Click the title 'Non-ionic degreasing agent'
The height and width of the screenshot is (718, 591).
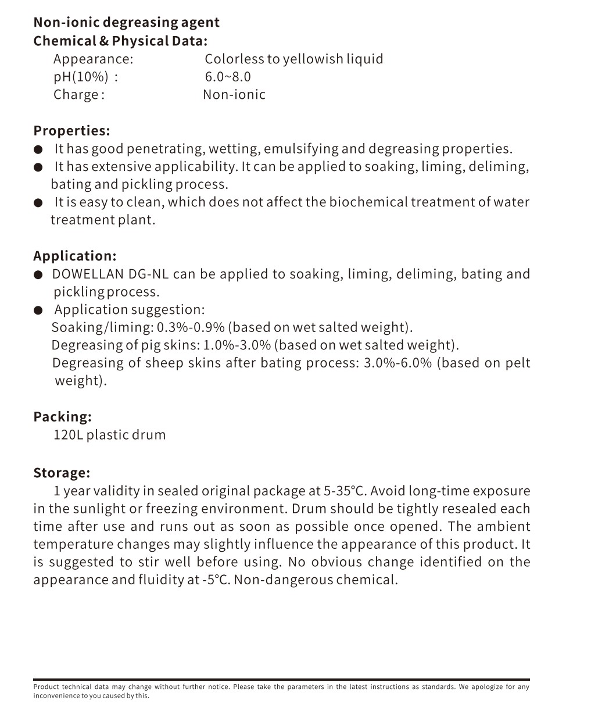click(x=126, y=23)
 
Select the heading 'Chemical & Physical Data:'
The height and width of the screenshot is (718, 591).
click(x=120, y=41)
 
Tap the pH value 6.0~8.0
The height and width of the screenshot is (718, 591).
click(x=228, y=77)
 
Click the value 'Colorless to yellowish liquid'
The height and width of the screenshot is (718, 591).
click(x=293, y=59)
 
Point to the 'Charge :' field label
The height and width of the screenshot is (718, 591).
click(x=79, y=95)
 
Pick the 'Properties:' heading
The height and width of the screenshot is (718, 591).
click(x=71, y=131)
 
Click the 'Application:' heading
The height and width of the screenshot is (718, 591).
click(x=75, y=256)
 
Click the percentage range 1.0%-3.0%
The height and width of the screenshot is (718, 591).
click(x=237, y=345)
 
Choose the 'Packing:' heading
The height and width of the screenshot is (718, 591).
click(x=62, y=417)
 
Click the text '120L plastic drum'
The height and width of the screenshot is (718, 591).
click(x=109, y=435)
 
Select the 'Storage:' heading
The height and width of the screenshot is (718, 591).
click(x=62, y=473)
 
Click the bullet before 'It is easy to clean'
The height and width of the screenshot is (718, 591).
click(x=38, y=203)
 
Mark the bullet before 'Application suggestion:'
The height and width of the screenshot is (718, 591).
click(x=38, y=310)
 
